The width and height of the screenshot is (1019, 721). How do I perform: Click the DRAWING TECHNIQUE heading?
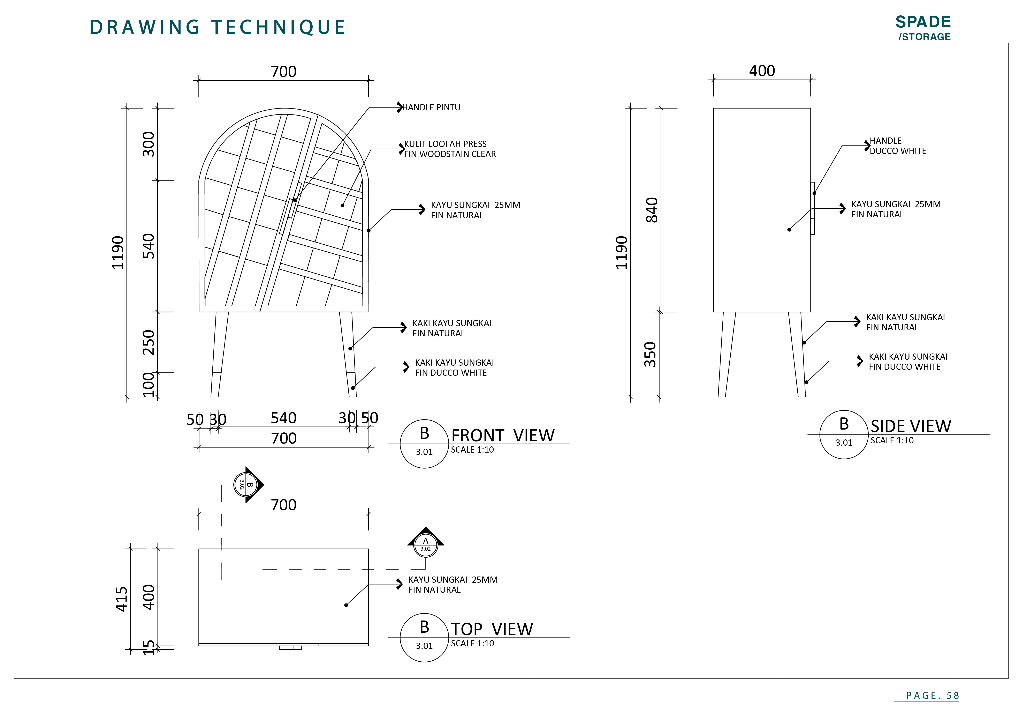218,27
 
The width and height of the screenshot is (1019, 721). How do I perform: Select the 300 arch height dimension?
149,144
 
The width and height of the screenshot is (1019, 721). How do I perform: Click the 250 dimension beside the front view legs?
149,342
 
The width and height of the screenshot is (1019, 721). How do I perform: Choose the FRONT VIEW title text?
503,436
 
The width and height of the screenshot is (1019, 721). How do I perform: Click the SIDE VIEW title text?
911,426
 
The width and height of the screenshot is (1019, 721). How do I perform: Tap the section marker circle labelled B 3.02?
246,484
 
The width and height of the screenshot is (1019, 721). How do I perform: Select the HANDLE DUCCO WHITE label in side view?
897,146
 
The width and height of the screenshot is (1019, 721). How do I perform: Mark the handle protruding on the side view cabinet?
813,208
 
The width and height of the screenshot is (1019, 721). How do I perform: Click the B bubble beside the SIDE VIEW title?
844,434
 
